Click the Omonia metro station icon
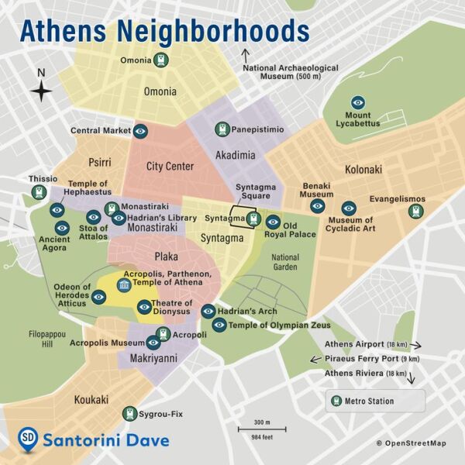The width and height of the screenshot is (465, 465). coord(160,60)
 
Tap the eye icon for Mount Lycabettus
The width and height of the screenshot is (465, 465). coord(358,102)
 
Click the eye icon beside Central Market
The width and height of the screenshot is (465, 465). coord(140,131)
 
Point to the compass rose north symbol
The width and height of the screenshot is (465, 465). coord(42,91)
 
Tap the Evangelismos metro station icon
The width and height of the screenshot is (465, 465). coord(418,210)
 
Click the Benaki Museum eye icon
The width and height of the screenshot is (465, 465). coord(316,206)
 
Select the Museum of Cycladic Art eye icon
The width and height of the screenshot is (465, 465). coord(349,208)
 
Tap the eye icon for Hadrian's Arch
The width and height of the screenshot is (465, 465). coord(208,311)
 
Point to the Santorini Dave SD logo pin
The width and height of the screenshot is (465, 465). coord(28,438)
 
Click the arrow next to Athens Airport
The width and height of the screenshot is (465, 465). coord(416,344)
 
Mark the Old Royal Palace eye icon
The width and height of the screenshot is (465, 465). coord(273,222)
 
